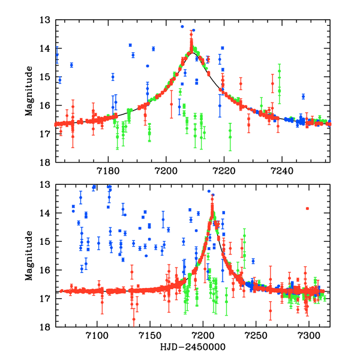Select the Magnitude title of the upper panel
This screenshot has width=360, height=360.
(28, 91)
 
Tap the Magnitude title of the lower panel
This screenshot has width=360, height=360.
(28, 256)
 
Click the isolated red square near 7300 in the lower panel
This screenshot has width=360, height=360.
(307, 208)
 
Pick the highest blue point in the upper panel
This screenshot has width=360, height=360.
(182, 26)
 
